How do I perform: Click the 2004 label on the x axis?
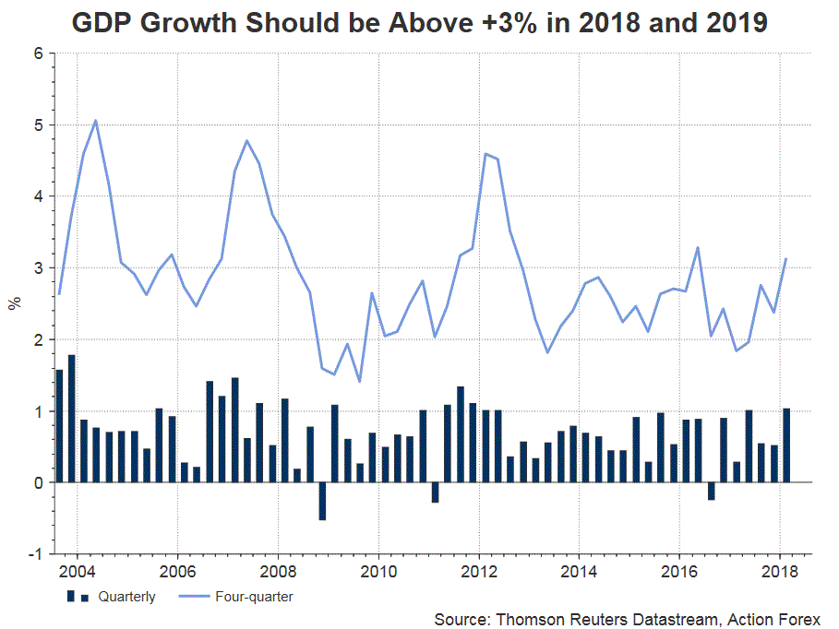tap(76, 570)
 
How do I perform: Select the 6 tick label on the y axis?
tap(39, 53)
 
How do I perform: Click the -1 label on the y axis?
tap(36, 554)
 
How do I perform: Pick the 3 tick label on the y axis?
tap(39, 268)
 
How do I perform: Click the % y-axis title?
tap(15, 304)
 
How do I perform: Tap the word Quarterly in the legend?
tap(128, 597)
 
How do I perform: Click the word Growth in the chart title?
tap(185, 23)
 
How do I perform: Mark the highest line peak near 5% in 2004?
tap(96, 120)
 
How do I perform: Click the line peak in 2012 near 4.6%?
tap(485, 154)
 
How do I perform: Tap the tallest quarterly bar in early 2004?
tap(72, 418)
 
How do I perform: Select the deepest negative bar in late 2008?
tap(322, 501)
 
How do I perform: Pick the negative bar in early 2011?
tap(435, 492)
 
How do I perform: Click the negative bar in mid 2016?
tap(711, 491)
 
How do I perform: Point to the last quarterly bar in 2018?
tap(786, 445)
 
